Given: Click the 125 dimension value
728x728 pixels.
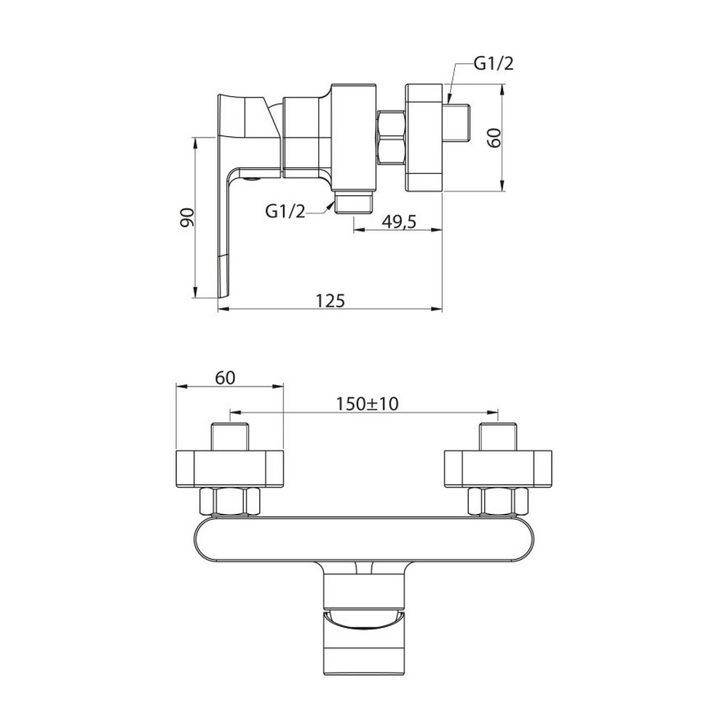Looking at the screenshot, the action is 330,301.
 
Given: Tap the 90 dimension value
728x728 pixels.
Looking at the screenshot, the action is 186,218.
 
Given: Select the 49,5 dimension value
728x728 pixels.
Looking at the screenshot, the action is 399,222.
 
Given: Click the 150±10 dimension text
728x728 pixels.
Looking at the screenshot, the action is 367,403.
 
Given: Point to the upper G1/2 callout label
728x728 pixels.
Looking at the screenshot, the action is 494,63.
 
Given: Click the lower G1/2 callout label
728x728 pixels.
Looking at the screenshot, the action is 285,211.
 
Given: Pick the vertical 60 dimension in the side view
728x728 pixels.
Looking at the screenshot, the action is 495,138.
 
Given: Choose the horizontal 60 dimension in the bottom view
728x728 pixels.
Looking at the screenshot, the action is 225,378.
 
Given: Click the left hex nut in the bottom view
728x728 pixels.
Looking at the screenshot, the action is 230,502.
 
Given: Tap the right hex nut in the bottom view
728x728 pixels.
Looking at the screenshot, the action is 498,502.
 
